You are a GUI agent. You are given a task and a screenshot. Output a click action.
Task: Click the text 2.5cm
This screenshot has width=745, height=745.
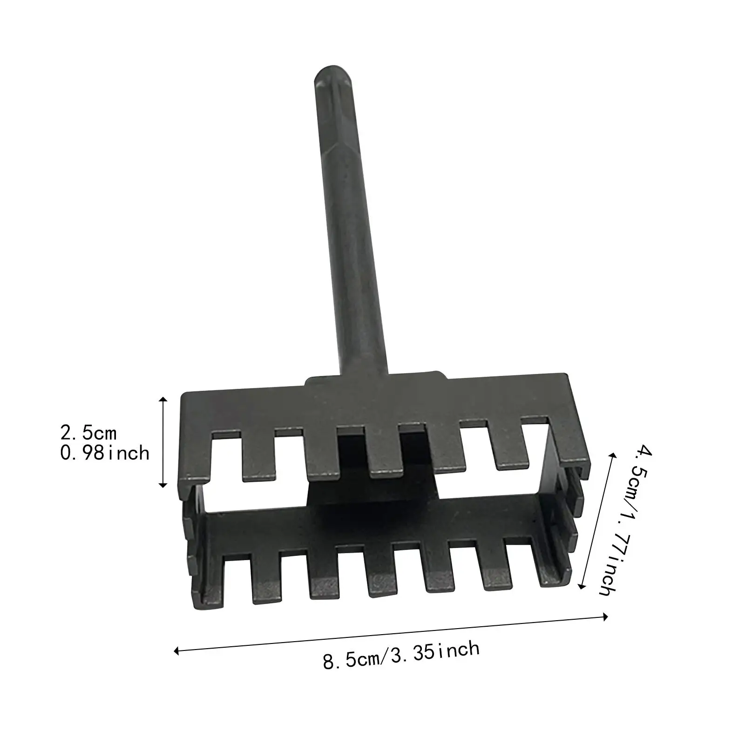click(88, 433)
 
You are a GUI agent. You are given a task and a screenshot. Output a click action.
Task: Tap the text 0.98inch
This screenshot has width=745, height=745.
click(105, 453)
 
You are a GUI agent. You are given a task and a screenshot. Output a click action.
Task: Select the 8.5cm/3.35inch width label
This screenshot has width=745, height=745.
click(401, 655)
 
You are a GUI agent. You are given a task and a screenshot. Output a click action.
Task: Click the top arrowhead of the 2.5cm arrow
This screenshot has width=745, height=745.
click(163, 399)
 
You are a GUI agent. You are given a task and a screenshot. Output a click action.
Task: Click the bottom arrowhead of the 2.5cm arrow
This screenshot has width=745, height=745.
click(163, 485)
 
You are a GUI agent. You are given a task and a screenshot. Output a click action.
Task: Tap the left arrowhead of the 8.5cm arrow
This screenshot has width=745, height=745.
click(176, 651)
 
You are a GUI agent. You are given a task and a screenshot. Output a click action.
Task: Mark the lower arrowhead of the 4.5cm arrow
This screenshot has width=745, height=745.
click(580, 587)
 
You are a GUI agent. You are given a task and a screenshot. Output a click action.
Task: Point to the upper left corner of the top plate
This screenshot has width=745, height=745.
click(183, 395)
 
